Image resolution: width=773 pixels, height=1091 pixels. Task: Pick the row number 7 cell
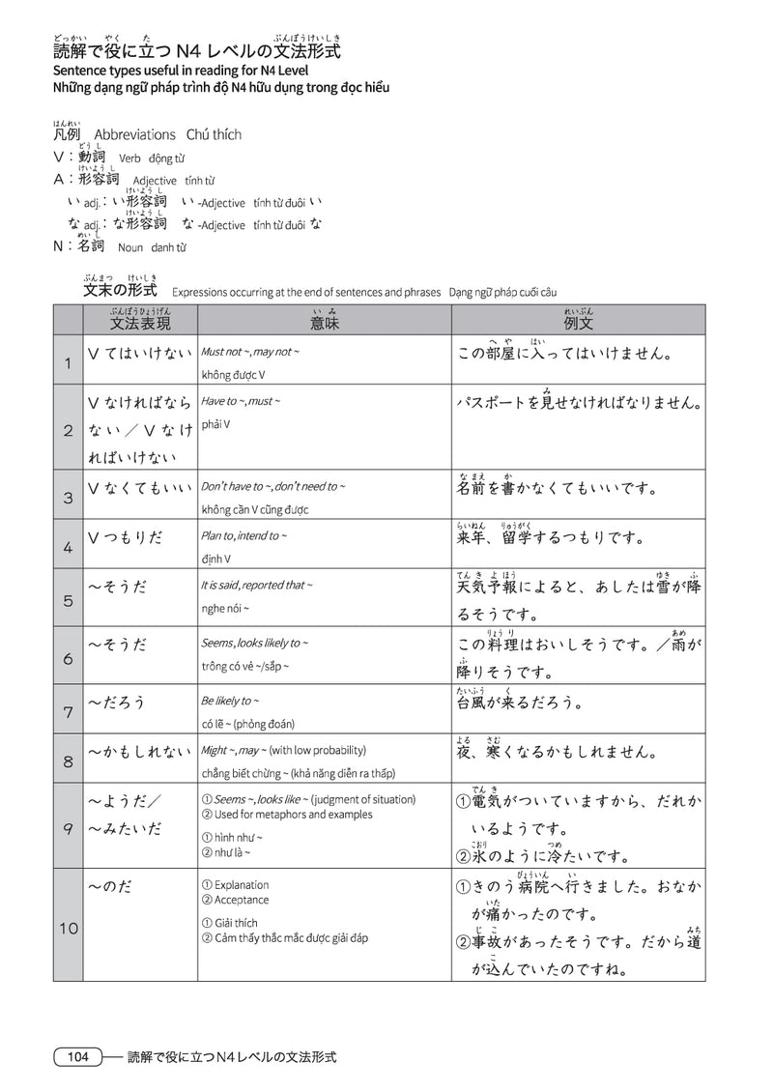[x=68, y=712]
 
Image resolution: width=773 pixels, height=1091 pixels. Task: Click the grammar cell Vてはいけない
[x=140, y=353]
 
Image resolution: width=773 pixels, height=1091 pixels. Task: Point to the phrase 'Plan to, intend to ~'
[x=244, y=535]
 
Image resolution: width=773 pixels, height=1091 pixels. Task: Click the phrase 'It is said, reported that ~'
[x=257, y=585]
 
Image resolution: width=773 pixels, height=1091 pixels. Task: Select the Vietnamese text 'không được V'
[x=233, y=374]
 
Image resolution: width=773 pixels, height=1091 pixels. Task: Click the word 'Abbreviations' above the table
[x=134, y=134]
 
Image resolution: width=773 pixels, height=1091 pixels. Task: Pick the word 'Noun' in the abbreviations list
[x=129, y=247]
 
